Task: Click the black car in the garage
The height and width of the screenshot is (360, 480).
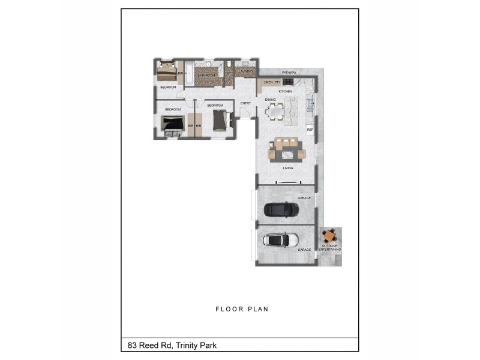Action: (x=281, y=209)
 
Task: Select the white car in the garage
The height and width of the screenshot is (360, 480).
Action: (x=281, y=240)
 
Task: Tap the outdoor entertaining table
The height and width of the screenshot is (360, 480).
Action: (x=330, y=236)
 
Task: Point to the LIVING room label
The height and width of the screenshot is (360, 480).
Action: (x=288, y=168)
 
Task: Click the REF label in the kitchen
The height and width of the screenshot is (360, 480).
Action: (x=310, y=130)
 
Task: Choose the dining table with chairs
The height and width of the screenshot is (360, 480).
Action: (x=275, y=112)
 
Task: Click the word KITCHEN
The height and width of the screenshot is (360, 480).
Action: (x=286, y=91)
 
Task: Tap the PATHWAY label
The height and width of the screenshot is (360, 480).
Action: (x=289, y=73)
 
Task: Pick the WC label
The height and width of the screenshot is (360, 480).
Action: (x=229, y=73)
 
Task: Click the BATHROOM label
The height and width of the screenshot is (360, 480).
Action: (x=206, y=76)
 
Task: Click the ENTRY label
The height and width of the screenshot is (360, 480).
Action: (x=245, y=103)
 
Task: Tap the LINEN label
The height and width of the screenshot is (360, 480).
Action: (x=268, y=82)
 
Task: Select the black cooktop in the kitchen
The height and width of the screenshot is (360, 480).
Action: (x=288, y=82)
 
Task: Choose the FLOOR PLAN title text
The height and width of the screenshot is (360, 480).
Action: (x=242, y=310)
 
